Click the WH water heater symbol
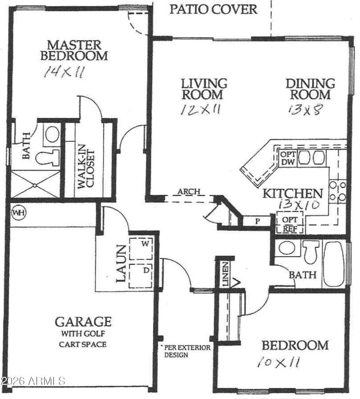pos(18,211)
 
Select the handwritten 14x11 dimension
pos(63,73)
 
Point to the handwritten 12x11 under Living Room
pos(200,109)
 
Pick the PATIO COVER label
pos(213,9)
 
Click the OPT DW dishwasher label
pos(287,158)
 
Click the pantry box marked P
pos(257,222)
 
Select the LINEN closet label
pos(225,274)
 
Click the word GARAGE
pos(83,322)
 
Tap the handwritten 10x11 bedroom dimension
pos(279,362)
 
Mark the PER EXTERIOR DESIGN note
pos(179,351)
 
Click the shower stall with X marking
pos(36,184)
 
